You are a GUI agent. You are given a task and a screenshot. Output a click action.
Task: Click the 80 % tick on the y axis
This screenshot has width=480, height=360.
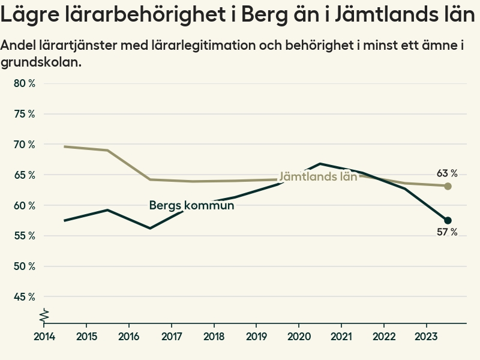[x=24, y=83]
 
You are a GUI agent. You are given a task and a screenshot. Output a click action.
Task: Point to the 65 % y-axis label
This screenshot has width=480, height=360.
[x=24, y=175]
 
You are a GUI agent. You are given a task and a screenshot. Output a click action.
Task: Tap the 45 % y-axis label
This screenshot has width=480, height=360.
[x=24, y=296]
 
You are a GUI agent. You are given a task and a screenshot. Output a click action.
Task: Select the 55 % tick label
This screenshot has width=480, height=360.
[x=24, y=236]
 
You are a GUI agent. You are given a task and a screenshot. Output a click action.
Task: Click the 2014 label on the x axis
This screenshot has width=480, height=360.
[x=44, y=335]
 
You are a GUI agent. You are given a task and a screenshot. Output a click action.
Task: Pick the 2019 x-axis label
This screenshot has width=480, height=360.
[x=256, y=335]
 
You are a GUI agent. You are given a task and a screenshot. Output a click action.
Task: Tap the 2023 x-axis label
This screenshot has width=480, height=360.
[x=426, y=335]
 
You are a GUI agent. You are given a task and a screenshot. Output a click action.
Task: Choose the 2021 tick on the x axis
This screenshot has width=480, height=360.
[x=341, y=335]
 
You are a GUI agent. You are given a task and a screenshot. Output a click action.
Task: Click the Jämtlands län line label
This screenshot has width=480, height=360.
[x=318, y=176]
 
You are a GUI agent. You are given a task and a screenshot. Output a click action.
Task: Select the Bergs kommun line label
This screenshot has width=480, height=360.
[x=191, y=205]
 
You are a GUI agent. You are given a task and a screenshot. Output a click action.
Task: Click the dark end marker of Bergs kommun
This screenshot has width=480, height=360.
[x=448, y=220]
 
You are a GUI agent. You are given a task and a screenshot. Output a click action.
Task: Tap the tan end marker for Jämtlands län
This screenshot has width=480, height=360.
[x=448, y=186]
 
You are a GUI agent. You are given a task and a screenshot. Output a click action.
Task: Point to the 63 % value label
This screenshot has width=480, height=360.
[x=447, y=173]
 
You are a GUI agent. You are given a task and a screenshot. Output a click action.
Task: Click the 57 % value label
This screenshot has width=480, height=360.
[x=447, y=232]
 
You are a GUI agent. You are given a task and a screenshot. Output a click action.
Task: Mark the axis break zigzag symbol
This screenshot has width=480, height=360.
[x=44, y=315]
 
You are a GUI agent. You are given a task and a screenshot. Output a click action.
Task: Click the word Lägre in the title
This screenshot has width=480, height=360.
[x=29, y=16]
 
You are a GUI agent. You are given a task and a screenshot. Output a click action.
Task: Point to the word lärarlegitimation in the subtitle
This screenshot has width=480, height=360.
[x=201, y=45]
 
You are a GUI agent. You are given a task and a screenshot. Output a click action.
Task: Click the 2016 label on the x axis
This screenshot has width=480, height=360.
[x=129, y=335]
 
